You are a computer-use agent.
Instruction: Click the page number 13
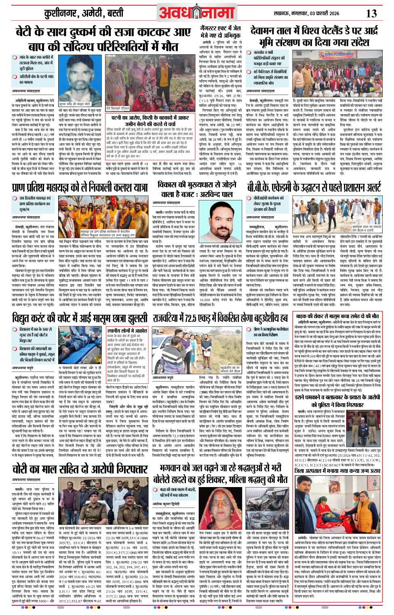point(371,13)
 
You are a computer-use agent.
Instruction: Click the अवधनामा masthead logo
point(196,13)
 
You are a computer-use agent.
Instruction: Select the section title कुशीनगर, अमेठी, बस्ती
point(84,14)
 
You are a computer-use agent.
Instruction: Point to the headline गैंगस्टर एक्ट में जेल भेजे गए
point(220,32)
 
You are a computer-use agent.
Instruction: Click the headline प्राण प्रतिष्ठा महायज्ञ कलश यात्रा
point(80,187)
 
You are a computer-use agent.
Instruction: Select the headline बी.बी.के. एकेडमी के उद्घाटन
point(314,187)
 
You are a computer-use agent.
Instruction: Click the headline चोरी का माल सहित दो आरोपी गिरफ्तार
point(80,469)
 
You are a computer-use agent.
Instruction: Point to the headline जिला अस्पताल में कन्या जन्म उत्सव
point(337,471)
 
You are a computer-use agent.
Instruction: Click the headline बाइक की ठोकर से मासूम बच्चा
point(337,316)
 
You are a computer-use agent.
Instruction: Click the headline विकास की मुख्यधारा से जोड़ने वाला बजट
point(196,189)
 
